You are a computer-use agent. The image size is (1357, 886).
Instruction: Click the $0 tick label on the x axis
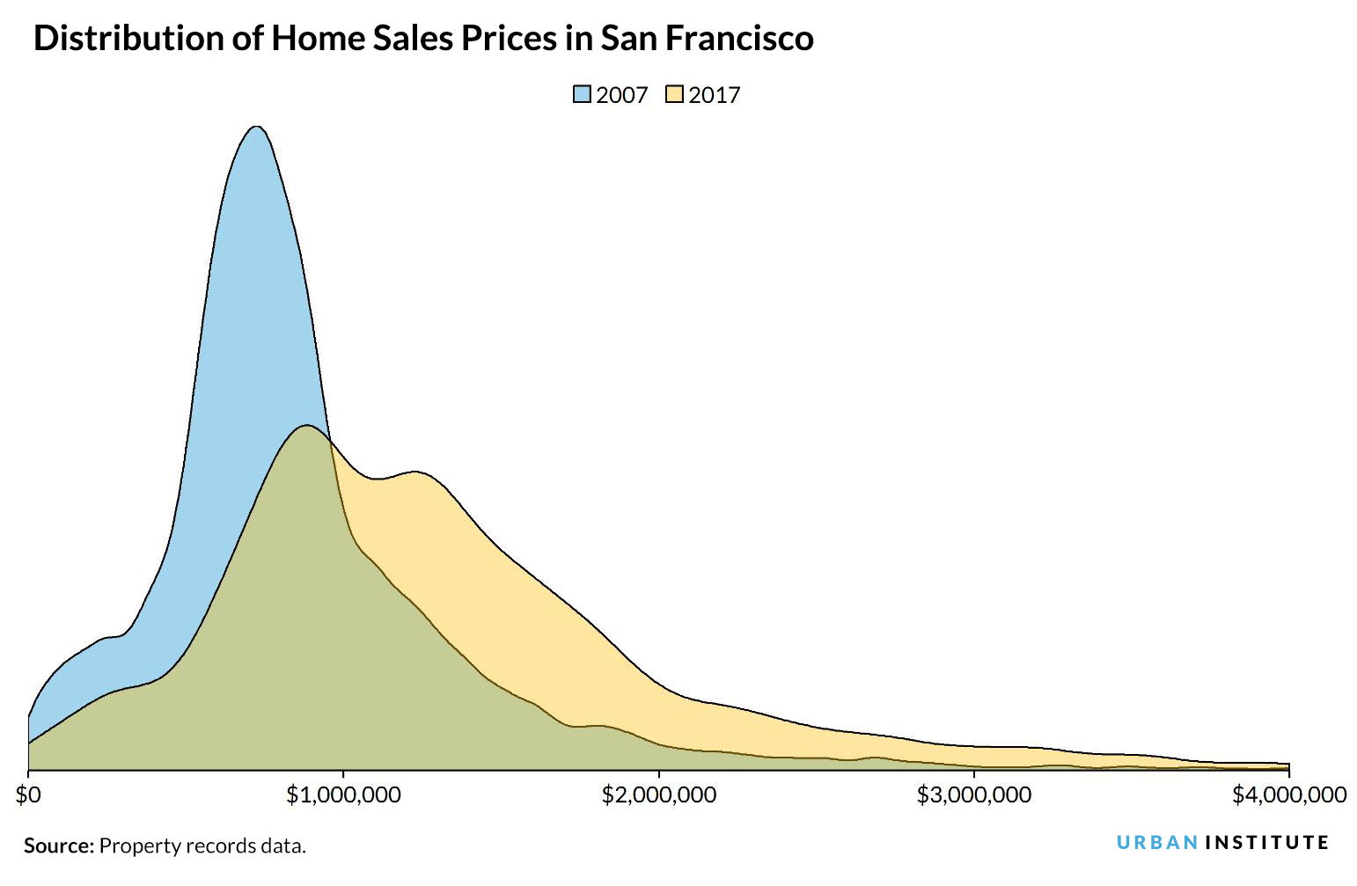tap(29, 795)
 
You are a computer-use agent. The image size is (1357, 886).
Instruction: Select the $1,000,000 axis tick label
tap(343, 795)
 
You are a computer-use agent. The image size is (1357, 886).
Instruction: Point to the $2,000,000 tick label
tap(658, 795)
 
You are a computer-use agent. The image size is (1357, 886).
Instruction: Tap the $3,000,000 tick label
tap(973, 795)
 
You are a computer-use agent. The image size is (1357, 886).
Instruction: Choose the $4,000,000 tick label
tap(1288, 795)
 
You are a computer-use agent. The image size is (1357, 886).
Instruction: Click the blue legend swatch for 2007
tap(582, 95)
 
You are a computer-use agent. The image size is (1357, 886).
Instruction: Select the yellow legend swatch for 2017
tap(675, 95)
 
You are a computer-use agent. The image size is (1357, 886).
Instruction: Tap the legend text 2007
tap(621, 95)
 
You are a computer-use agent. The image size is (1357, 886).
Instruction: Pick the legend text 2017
tap(715, 95)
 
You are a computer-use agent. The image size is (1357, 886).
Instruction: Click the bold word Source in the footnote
tap(58, 846)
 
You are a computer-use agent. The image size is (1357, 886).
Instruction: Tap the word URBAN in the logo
tap(1156, 843)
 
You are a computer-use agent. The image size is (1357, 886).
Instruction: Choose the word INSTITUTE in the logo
tap(1266, 843)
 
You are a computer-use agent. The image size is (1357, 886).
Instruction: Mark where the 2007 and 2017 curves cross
tap(331, 441)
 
